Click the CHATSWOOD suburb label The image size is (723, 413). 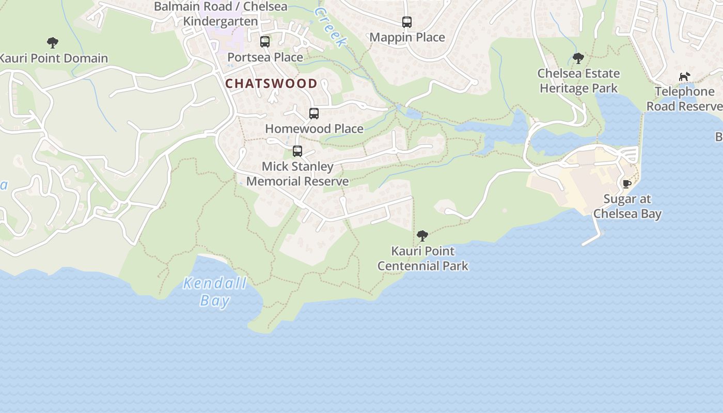pyautogui.click(x=272, y=83)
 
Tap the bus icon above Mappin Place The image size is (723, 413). pyautogui.click(x=407, y=22)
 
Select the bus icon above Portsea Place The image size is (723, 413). pyautogui.click(x=265, y=42)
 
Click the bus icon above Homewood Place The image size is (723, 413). pyautogui.click(x=314, y=114)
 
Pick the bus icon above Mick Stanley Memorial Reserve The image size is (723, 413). pyautogui.click(x=297, y=151)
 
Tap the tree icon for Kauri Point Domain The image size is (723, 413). pyautogui.click(x=52, y=43)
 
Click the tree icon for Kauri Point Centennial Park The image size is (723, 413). pyautogui.click(x=422, y=236)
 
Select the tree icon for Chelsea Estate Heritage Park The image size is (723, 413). pyautogui.click(x=578, y=58)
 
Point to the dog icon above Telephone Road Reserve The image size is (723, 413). pyautogui.click(x=684, y=77)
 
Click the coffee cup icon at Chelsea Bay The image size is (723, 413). pyautogui.click(x=627, y=184)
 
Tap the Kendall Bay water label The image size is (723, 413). pyautogui.click(x=215, y=292)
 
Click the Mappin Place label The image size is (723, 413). pyautogui.click(x=407, y=37)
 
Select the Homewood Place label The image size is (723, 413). pyautogui.click(x=314, y=129)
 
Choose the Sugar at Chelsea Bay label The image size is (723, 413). pyautogui.click(x=627, y=206)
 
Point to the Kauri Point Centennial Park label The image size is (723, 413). pyautogui.click(x=422, y=259)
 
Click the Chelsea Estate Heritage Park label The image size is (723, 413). pyautogui.click(x=578, y=81)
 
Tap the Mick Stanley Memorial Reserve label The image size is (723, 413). pyautogui.click(x=297, y=174)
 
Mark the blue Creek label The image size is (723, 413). pyautogui.click(x=329, y=27)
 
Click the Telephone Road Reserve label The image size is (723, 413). pyautogui.click(x=684, y=99)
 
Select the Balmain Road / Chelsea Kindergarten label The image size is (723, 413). pyautogui.click(x=221, y=14)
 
